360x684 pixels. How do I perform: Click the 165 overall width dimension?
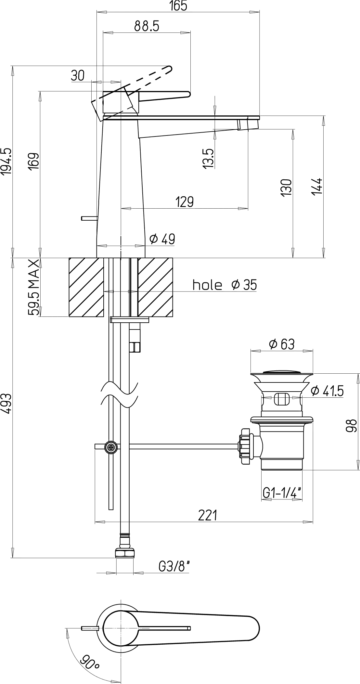click(178, 6)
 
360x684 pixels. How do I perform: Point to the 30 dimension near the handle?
click(78, 76)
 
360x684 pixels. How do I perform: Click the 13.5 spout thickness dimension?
click(208, 159)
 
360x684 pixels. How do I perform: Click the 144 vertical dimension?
click(317, 186)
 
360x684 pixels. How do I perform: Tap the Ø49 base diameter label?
click(162, 239)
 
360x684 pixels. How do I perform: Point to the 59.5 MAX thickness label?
click(34, 288)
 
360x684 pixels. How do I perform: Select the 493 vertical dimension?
click(6, 405)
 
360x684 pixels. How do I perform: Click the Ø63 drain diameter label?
click(282, 344)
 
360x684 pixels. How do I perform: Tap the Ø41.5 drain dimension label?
click(327, 391)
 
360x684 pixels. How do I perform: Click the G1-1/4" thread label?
click(282, 493)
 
